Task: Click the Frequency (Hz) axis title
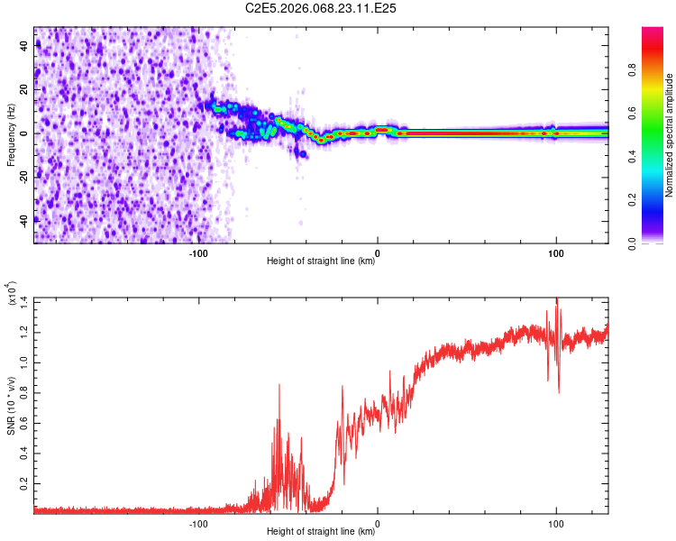(11, 135)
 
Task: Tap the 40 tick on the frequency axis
(26, 47)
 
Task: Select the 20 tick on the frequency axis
(26, 90)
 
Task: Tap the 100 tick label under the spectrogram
(556, 252)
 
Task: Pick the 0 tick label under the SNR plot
(377, 522)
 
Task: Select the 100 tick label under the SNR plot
(556, 522)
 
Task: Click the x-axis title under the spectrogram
(321, 262)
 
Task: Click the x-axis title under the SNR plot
(321, 532)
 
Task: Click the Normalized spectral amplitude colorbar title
(669, 135)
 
